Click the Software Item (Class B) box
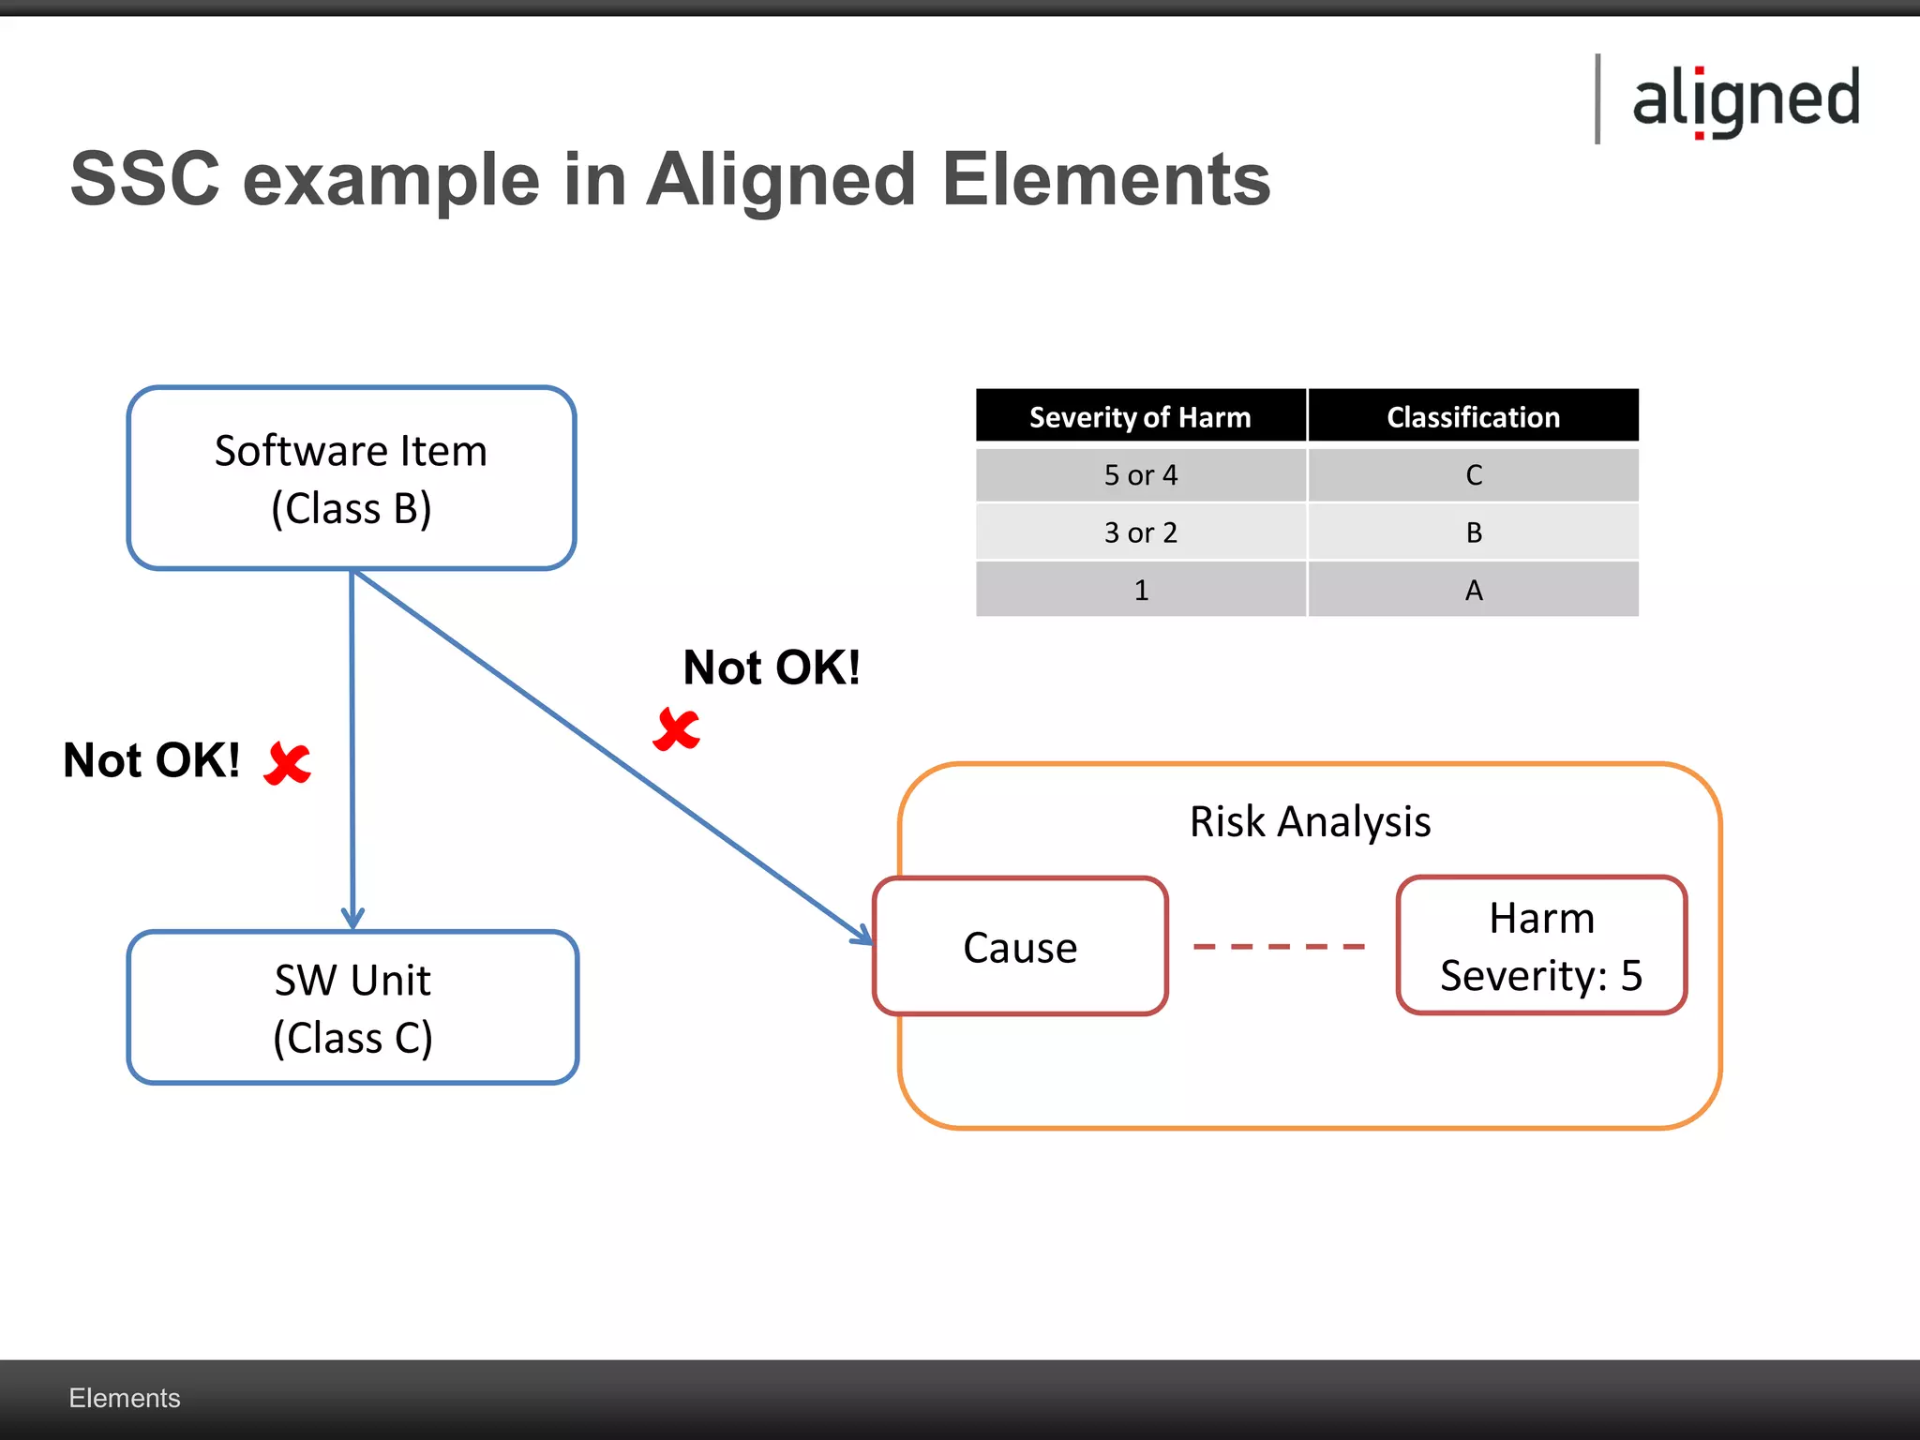pos(351,478)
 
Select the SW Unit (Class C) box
pos(352,1008)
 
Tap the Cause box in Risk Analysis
pos(1020,947)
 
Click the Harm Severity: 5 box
pos(1541,946)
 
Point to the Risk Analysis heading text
pos(1310,822)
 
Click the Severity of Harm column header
pos(1140,416)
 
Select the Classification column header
pos(1473,416)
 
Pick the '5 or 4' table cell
pos(1140,475)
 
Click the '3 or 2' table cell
pos(1140,532)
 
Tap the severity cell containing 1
pos(1140,590)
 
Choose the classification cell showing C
pos(1473,475)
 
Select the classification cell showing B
pos(1473,532)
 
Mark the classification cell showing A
pos(1473,590)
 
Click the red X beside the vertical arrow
pos(288,763)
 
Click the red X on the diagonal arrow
pos(676,729)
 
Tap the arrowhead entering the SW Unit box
pos(352,917)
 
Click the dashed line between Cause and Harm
pos(1279,947)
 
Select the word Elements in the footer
pos(124,1398)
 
